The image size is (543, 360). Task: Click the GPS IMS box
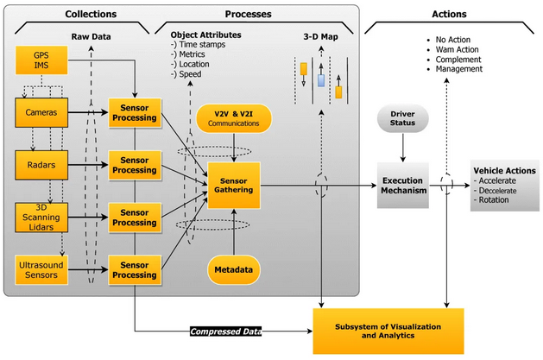41,60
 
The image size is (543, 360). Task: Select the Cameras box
41,112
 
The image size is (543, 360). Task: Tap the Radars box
41,165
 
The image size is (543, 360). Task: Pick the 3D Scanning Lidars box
41,218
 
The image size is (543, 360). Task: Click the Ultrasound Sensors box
41,270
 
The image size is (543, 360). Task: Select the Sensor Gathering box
234,186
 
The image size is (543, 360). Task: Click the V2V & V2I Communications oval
234,118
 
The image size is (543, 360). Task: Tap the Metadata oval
234,269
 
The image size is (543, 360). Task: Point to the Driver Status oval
403,118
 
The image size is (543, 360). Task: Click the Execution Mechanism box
403,186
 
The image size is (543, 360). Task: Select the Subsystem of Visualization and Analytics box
388,332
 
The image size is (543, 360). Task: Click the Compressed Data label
226,332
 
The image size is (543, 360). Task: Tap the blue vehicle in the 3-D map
321,80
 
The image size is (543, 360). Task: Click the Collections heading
91,14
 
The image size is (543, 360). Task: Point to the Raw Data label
92,37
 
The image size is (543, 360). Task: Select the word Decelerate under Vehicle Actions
497,191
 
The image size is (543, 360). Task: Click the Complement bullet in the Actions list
458,60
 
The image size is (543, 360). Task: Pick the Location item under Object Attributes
194,65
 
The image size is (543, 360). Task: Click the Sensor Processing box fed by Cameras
135,113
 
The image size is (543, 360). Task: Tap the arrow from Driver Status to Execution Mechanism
403,148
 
